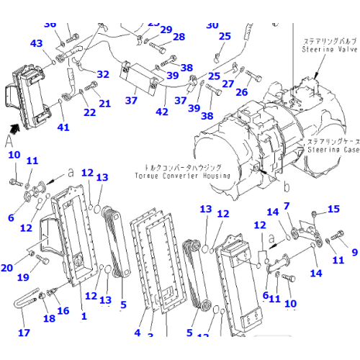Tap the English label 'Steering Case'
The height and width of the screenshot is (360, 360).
pos(333,150)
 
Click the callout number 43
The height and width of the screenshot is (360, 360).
pos(37,44)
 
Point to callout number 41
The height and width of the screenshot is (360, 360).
pos(64,127)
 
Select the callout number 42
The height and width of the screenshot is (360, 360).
pos(162,112)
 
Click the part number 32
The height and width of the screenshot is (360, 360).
pos(103,74)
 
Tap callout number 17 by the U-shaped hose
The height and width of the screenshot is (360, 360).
pos(24,333)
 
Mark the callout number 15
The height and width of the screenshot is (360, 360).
pos(333,209)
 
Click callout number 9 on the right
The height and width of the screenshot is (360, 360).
pos(354,252)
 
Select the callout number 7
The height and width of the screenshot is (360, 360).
pos(287,206)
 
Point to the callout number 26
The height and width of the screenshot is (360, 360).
pos(241,91)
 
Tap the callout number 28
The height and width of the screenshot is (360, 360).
pos(179,37)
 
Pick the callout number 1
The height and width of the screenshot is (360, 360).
pos(84,316)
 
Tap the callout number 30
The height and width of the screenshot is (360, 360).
pos(212,25)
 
